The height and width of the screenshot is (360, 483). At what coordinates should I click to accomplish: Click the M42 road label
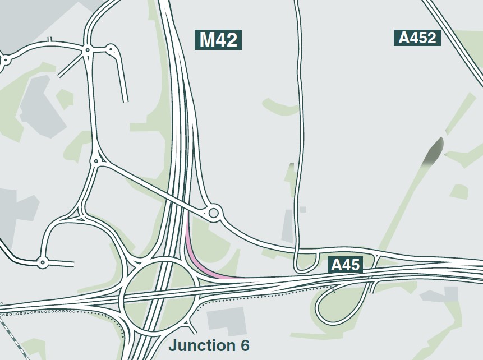[x=218, y=39]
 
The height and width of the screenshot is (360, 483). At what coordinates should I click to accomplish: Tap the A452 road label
[x=417, y=38]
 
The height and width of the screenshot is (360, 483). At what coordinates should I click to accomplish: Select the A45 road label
[x=345, y=265]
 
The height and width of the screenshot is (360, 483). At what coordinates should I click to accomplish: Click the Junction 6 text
[x=209, y=345]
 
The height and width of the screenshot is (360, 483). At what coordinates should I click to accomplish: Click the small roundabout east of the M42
[x=213, y=213]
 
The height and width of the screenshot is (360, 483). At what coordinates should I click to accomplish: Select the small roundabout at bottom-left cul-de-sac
[x=42, y=262]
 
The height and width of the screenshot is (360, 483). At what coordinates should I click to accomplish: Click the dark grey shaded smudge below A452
[x=433, y=151]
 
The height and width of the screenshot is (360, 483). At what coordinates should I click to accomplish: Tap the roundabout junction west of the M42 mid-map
[x=96, y=161]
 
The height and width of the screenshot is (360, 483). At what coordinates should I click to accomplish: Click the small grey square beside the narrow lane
[x=303, y=210]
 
